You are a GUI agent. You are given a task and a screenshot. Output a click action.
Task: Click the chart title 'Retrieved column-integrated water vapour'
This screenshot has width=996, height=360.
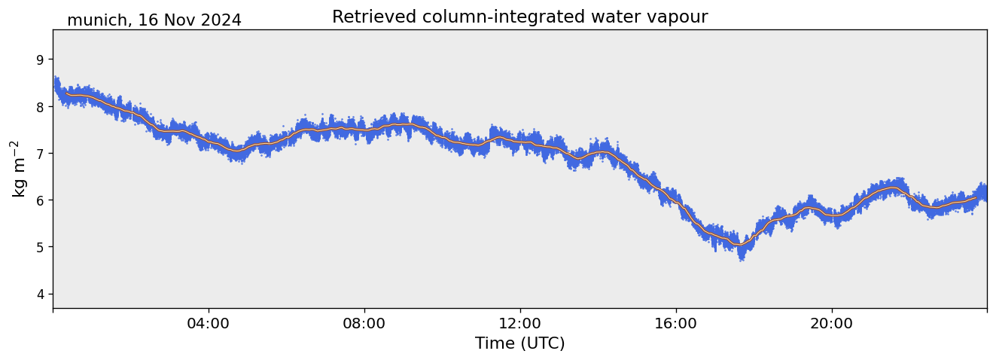pyautogui.click(x=519, y=17)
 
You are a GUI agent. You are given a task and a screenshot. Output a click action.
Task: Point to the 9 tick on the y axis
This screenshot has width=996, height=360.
pyautogui.click(x=40, y=59)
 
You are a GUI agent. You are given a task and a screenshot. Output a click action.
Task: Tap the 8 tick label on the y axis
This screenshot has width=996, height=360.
pyautogui.click(x=40, y=106)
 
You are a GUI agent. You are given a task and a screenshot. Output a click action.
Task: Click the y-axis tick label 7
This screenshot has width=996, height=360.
pyautogui.click(x=40, y=153)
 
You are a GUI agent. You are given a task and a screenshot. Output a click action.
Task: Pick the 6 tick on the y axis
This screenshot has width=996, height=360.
pyautogui.click(x=40, y=200)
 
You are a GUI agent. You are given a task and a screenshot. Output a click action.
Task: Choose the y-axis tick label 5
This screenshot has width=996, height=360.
pyautogui.click(x=40, y=247)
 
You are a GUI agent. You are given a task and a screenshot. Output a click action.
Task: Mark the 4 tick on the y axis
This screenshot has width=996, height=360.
pyautogui.click(x=40, y=294)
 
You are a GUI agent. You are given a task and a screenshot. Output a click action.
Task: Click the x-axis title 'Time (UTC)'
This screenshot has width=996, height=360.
pyautogui.click(x=519, y=343)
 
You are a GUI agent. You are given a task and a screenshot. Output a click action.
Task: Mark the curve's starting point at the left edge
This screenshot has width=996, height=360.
pyautogui.click(x=54, y=84)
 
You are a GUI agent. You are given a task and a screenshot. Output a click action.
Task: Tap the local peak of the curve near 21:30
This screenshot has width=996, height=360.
pyautogui.click(x=893, y=188)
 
